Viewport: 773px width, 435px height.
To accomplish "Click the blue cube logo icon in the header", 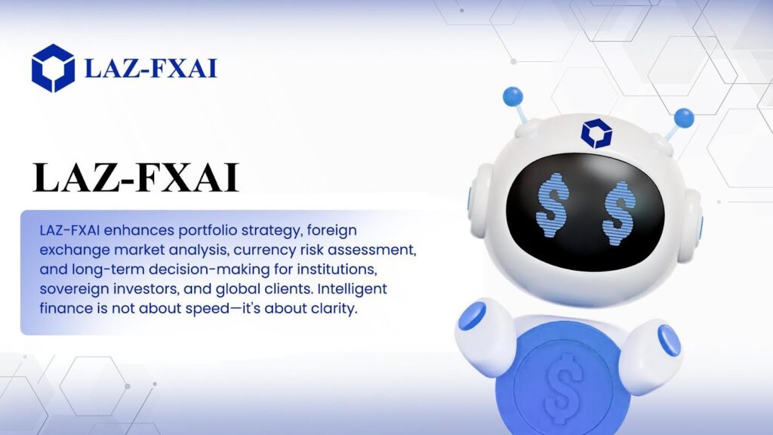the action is click(x=54, y=68).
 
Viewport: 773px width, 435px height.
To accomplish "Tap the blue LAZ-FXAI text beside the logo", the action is click(x=151, y=69).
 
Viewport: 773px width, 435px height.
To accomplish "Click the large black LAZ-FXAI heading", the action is click(x=136, y=177).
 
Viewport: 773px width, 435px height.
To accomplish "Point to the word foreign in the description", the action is click(x=332, y=230).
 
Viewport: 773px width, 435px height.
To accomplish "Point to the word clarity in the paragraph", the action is click(x=334, y=309).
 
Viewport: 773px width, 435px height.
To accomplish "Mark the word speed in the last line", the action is click(x=207, y=309).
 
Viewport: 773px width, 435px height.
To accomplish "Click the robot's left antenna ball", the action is click(x=513, y=96).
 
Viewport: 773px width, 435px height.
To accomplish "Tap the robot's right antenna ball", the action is click(x=684, y=119).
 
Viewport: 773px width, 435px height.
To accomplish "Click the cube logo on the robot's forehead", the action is click(x=596, y=133).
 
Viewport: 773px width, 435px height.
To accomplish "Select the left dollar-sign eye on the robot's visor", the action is click(x=552, y=205).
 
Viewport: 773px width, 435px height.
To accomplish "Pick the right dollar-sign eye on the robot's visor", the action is click(x=618, y=213).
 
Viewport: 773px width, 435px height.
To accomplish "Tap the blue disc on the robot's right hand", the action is click(x=669, y=340).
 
